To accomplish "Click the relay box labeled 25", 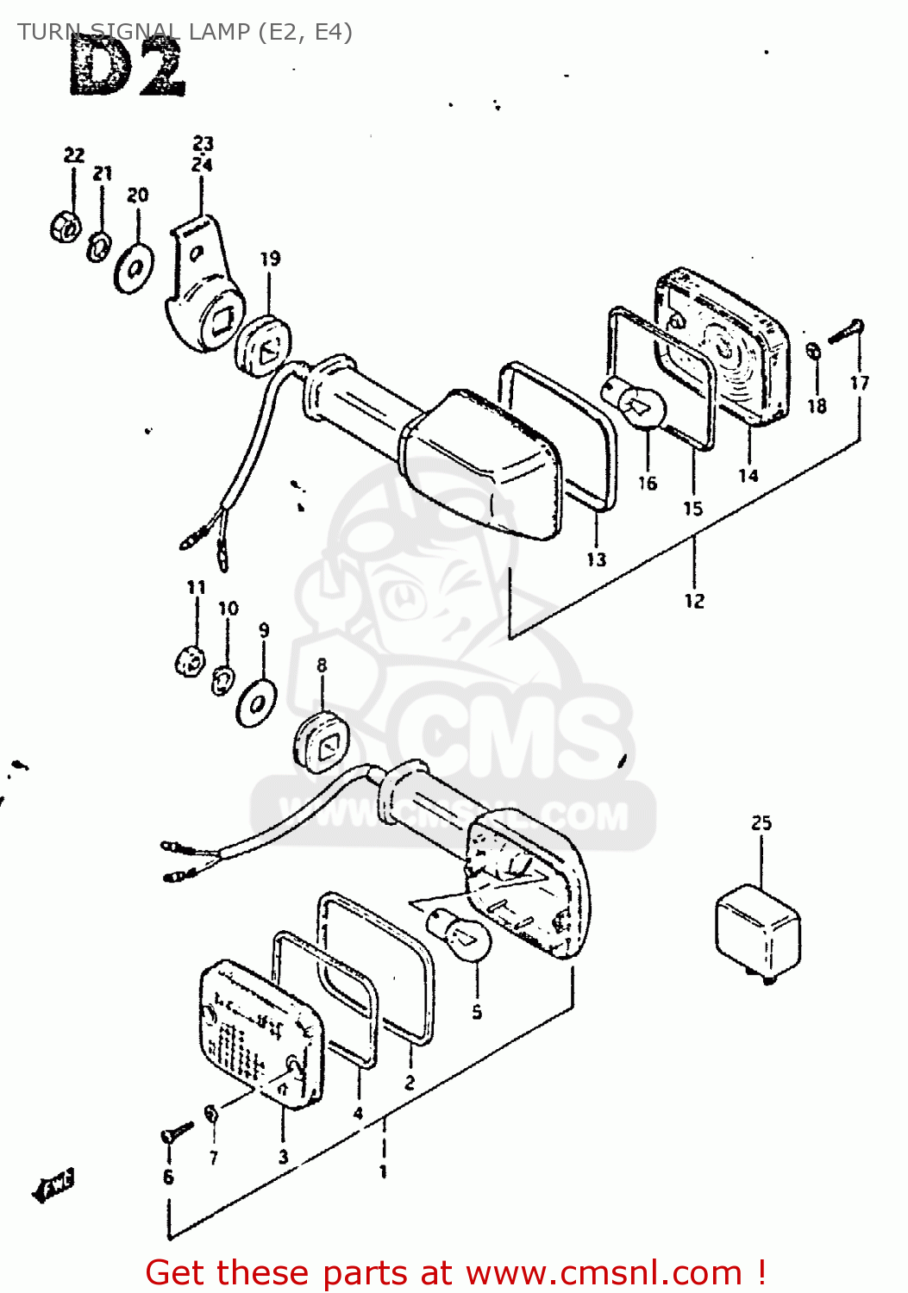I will click(x=758, y=934).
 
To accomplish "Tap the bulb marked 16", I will click(x=637, y=401).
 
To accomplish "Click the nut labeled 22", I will click(x=65, y=228).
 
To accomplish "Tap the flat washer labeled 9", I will click(x=256, y=703).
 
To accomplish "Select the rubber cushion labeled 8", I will click(x=322, y=741).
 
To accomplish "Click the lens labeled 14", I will click(x=724, y=345).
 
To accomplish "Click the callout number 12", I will click(x=694, y=601).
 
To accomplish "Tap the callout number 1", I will click(x=383, y=1171).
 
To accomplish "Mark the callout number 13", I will click(x=596, y=559).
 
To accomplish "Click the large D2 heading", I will click(x=127, y=69).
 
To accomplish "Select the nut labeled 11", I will click(x=189, y=662).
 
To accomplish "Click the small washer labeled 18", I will click(x=813, y=351).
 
